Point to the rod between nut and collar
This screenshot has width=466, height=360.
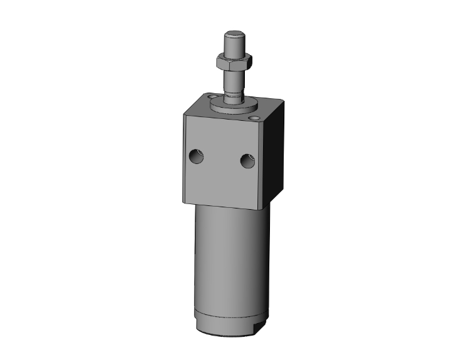234,80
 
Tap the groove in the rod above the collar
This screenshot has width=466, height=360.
234,96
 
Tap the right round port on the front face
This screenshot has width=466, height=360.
247,162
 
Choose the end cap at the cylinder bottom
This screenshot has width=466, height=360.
230,322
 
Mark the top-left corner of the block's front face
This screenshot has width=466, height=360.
185,113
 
